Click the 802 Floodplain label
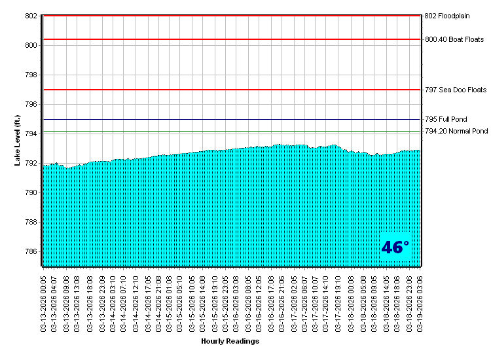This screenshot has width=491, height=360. (x=447, y=16)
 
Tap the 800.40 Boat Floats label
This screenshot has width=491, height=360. (x=454, y=39)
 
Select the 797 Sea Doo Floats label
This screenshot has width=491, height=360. (x=456, y=90)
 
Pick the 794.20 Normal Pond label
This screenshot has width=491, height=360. (x=456, y=132)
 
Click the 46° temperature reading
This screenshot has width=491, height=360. (x=395, y=247)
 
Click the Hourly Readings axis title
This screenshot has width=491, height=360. (x=230, y=342)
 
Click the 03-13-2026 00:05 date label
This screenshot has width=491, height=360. (x=44, y=302)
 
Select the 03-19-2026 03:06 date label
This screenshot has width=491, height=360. (x=420, y=302)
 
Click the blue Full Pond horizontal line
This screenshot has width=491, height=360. (x=229, y=120)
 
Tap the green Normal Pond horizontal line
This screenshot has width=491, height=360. (x=229, y=132)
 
